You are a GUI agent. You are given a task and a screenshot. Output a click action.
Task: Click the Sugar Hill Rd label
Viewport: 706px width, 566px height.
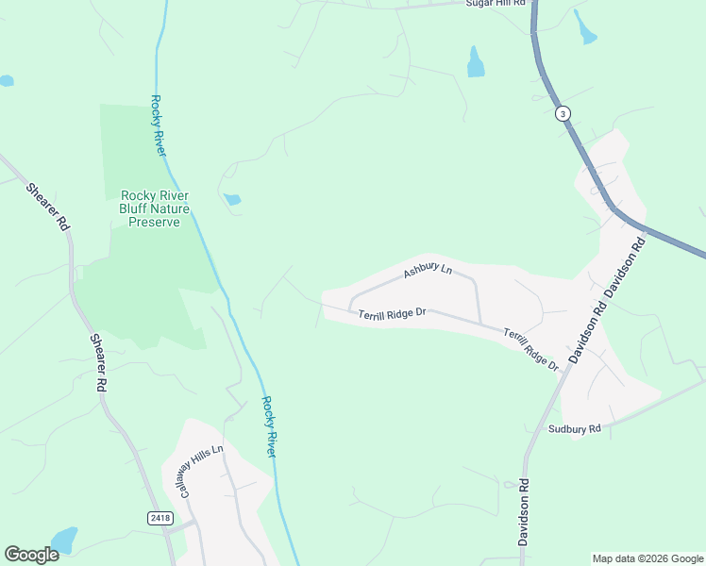(x=495, y=4)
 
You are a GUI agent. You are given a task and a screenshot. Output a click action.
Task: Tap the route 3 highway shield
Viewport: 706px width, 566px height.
(x=563, y=113)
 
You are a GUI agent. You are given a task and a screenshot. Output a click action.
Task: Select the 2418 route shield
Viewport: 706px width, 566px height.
(x=160, y=518)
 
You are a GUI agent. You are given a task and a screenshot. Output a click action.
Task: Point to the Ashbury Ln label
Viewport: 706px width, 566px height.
(x=428, y=271)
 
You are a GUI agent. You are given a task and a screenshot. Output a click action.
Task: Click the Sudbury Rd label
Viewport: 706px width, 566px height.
(x=574, y=429)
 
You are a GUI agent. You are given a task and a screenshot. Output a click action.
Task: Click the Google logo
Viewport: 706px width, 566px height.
(x=31, y=555)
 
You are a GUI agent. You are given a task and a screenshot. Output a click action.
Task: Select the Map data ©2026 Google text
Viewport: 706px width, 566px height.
(x=647, y=558)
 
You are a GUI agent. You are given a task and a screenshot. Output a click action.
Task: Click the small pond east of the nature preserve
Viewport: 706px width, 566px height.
(x=231, y=199)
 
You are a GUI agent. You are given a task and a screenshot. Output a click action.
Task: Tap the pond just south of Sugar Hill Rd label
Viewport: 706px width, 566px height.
(x=476, y=62)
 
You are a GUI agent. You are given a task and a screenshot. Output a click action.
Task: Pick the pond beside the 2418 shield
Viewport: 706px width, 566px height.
(x=63, y=540)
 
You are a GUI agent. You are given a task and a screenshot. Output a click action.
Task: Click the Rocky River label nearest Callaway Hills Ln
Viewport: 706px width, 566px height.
(x=269, y=426)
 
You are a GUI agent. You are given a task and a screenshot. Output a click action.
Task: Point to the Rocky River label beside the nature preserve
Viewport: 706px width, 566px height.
(x=157, y=125)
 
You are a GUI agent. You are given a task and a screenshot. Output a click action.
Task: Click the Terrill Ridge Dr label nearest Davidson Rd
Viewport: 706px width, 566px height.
(x=530, y=349)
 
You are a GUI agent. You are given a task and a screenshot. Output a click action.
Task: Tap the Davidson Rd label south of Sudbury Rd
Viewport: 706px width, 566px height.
(x=523, y=512)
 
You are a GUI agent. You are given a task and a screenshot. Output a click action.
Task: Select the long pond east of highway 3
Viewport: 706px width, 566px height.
(x=586, y=28)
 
